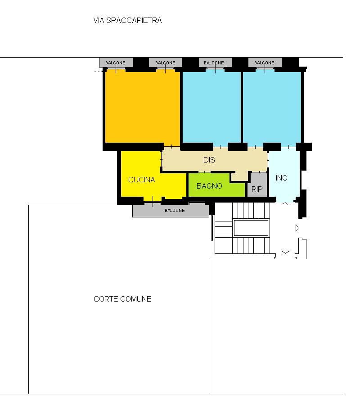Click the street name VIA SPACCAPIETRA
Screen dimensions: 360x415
click(x=127, y=20)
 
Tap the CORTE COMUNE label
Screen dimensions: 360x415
click(x=122, y=299)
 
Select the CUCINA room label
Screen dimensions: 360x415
click(x=141, y=180)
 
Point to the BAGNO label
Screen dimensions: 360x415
click(x=209, y=186)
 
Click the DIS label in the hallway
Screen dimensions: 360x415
click(x=209, y=160)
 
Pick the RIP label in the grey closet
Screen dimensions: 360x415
click(x=257, y=189)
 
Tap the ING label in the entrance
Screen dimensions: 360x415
click(x=281, y=178)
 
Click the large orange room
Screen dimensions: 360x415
click(x=143, y=106)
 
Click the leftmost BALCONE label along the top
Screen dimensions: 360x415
click(x=115, y=63)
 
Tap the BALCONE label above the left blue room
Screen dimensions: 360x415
click(x=214, y=63)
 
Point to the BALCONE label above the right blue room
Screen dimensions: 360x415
click(x=264, y=63)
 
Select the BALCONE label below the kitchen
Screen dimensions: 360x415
click(x=175, y=210)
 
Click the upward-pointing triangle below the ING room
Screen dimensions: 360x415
click(x=284, y=204)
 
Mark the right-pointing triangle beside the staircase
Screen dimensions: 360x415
click(x=297, y=228)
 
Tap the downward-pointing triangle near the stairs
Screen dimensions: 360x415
click(x=285, y=252)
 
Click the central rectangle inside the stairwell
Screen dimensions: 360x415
click(x=251, y=228)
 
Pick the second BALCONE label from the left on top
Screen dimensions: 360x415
click(x=165, y=63)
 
